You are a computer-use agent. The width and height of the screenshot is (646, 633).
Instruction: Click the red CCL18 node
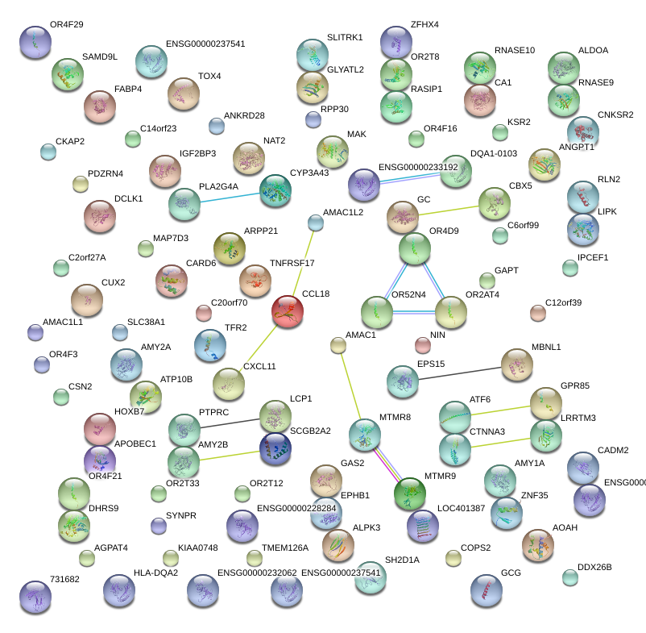(288, 312)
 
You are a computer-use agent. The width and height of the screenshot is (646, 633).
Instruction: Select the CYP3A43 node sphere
(276, 190)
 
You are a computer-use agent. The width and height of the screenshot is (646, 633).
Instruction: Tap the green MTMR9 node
(410, 492)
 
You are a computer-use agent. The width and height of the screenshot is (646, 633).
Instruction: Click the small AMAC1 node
(338, 346)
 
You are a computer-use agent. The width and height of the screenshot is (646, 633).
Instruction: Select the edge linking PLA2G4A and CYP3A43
(230, 198)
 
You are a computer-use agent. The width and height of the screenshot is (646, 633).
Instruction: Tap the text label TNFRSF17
(292, 263)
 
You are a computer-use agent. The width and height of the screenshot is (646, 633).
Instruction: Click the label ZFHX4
(424, 25)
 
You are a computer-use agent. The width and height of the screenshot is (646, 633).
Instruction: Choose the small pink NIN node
(422, 345)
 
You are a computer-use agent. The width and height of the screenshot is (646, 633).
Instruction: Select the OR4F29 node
(35, 42)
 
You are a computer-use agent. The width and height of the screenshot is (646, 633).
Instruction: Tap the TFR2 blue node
(210, 346)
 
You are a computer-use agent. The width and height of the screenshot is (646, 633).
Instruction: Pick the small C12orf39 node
(537, 312)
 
